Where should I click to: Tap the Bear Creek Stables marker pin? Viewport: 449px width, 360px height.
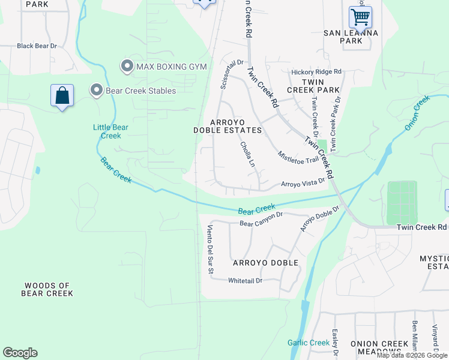pos(96,91)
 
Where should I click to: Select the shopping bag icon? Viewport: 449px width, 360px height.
pos(62,96)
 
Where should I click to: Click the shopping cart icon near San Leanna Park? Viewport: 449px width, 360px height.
pos(360,17)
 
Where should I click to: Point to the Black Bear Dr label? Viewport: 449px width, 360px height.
pos(37,46)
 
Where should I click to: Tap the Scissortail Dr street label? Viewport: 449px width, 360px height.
pos(231,74)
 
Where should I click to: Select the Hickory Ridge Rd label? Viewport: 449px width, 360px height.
pos(316,72)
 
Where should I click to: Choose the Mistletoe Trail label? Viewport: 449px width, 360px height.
pos(298,158)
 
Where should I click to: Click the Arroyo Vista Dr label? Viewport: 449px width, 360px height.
pos(303,182)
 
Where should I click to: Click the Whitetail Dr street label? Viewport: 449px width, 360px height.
pos(246,280)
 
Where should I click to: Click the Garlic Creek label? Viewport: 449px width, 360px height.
pos(309,343)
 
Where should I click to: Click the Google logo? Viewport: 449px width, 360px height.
pos(20,353)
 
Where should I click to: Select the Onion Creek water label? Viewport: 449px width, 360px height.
pos(417,112)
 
